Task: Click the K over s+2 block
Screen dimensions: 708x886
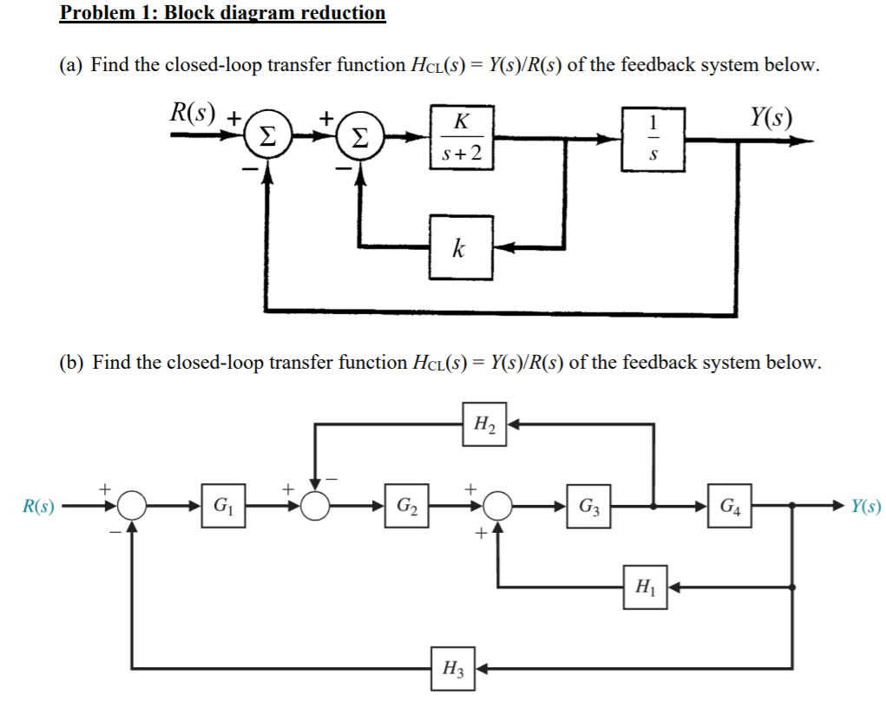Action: (462, 137)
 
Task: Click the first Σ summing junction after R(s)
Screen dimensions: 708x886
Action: (269, 137)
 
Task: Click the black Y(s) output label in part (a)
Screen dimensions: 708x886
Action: (771, 115)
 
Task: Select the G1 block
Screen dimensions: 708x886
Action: (223, 505)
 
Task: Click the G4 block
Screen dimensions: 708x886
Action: (728, 505)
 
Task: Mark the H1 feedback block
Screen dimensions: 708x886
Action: (642, 587)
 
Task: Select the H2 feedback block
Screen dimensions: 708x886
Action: (483, 424)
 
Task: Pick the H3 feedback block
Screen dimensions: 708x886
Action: (452, 668)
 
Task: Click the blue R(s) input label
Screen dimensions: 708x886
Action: (37, 506)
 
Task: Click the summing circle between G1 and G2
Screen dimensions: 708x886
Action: (316, 505)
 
